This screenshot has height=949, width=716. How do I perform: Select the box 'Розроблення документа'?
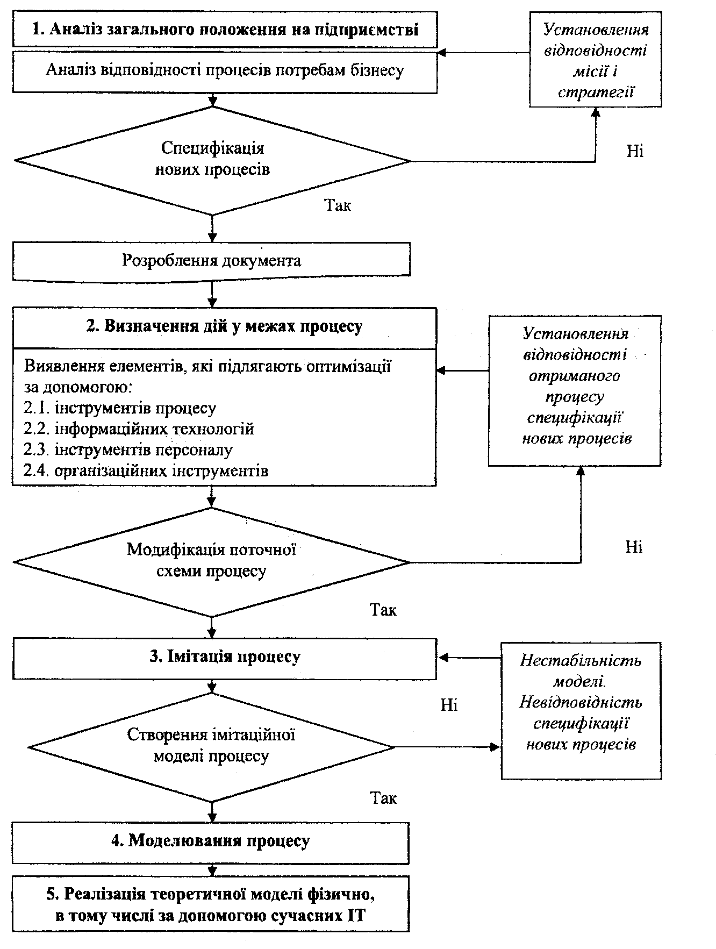coord(212,261)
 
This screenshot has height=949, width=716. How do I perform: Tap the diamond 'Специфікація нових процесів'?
coord(213,160)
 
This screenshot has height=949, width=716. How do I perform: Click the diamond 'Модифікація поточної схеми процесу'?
coord(212,562)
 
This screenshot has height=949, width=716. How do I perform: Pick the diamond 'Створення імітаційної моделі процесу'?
coord(212,747)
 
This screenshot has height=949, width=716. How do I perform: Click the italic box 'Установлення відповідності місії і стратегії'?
coord(596,60)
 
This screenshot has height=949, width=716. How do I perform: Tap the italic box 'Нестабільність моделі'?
coord(582,710)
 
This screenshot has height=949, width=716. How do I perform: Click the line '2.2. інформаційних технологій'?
coord(139,429)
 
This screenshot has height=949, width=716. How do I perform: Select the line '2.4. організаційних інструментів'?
coord(146,471)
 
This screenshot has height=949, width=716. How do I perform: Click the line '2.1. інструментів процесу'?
coord(119,408)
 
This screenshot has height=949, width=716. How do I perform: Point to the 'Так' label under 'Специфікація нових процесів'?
coord(338,205)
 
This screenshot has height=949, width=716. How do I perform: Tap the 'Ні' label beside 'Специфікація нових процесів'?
coord(635,151)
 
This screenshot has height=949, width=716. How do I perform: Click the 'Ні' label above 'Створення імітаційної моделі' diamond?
coord(449,704)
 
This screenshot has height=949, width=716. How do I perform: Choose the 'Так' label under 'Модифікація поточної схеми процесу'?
coord(383,610)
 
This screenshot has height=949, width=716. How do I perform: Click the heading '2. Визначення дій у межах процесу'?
coord(225,326)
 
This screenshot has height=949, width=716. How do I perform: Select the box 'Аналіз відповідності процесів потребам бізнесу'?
coord(225,71)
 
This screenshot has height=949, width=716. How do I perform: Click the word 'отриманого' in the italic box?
coord(575,376)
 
